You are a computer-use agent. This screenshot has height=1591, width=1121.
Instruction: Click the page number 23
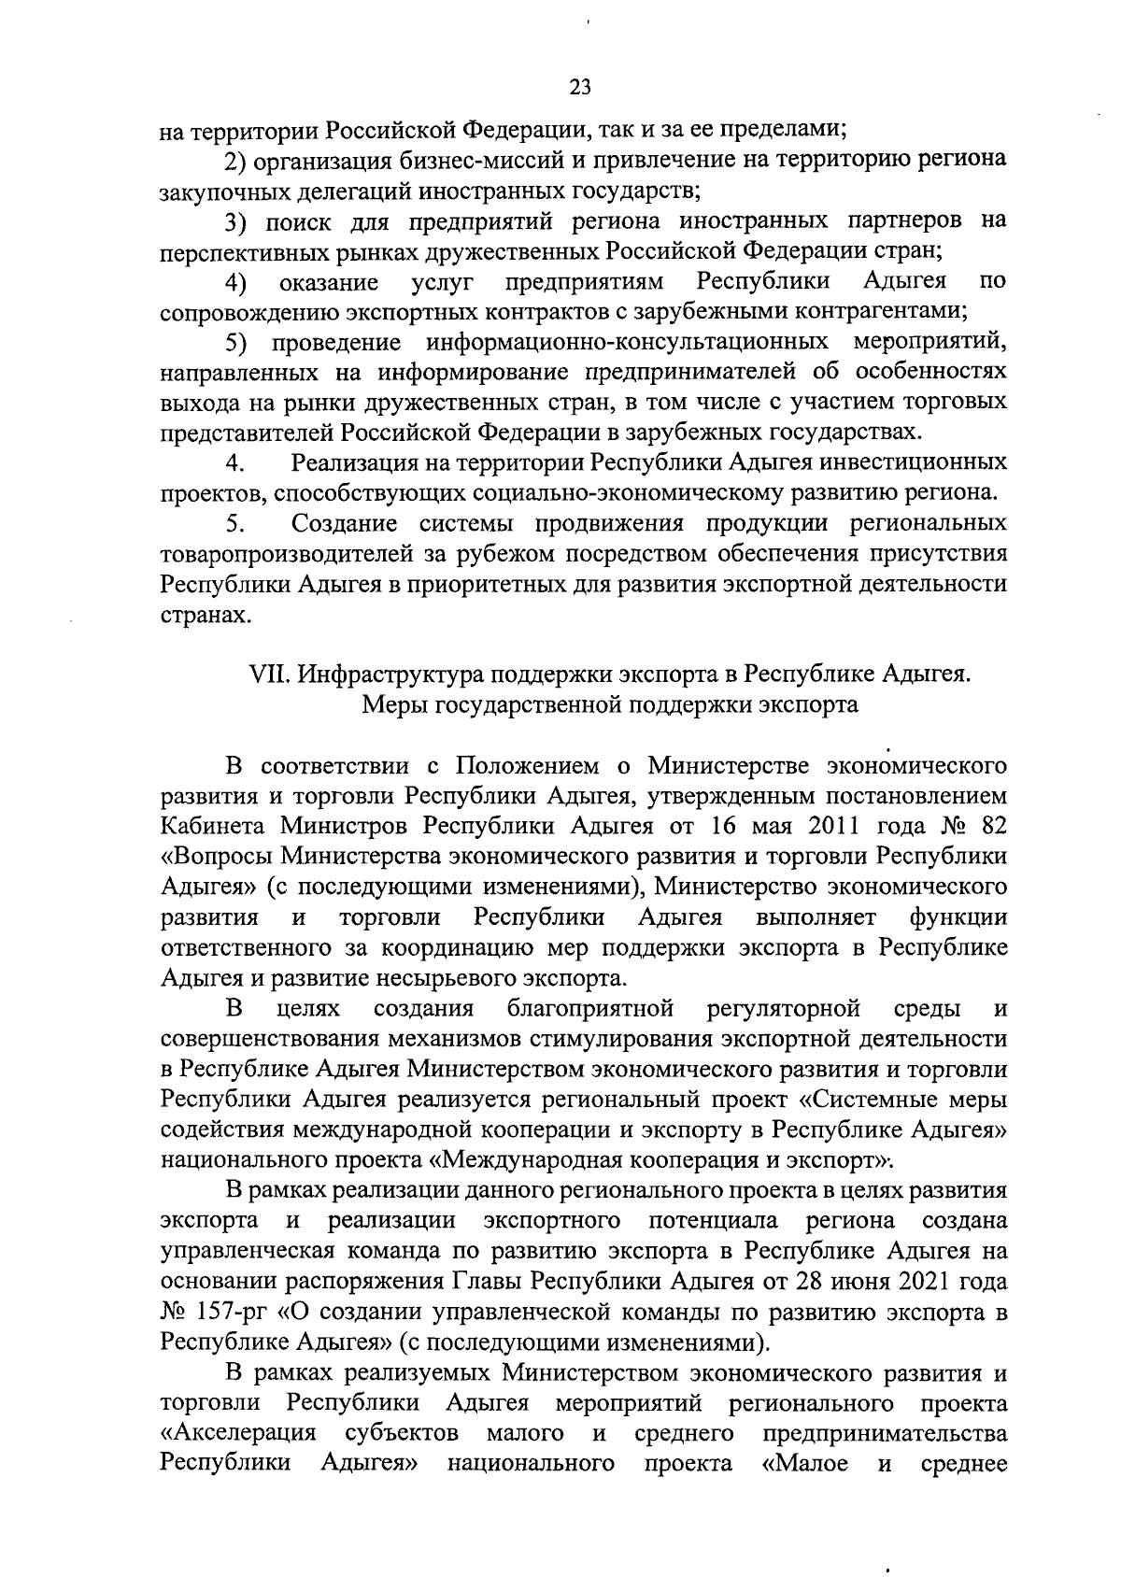click(579, 88)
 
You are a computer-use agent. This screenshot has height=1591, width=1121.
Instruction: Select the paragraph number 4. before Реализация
click(235, 463)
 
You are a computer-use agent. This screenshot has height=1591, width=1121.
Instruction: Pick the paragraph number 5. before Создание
click(235, 523)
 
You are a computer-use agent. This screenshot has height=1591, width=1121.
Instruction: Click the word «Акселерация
click(238, 1433)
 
